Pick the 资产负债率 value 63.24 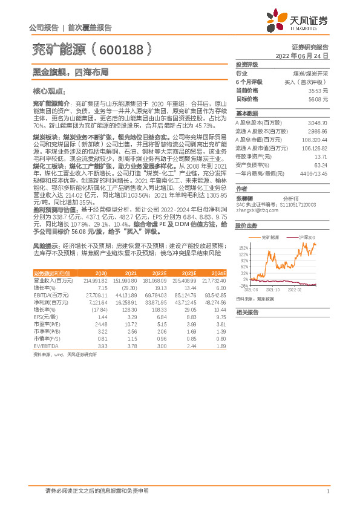(321, 164)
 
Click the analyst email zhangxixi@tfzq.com (253, 210)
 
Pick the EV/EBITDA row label (44, 346)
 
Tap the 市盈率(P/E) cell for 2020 (100, 324)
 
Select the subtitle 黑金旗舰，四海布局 (70, 71)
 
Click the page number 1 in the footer (327, 491)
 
